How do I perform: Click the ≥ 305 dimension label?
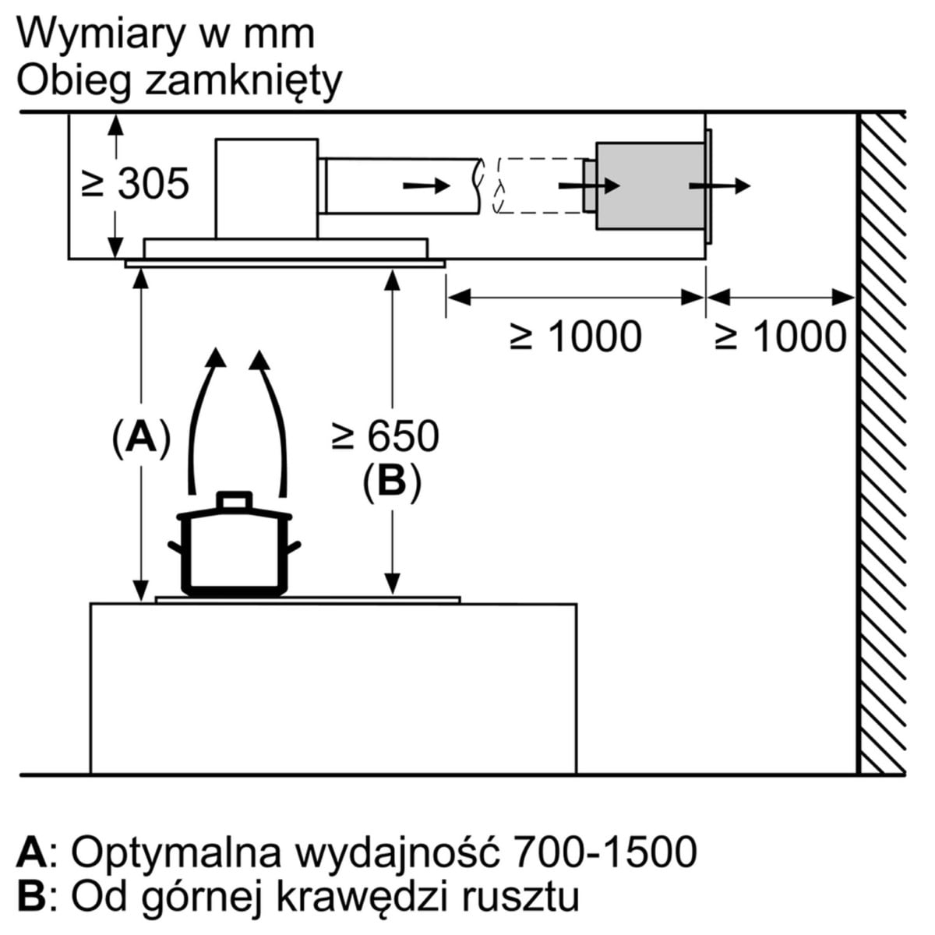click(136, 184)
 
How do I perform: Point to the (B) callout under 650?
click(391, 481)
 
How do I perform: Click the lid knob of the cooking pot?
click(235, 500)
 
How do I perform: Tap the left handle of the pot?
click(176, 545)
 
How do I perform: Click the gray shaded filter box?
click(648, 185)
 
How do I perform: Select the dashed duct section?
click(538, 185)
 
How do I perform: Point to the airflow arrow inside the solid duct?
click(426, 185)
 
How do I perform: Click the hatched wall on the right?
click(882, 444)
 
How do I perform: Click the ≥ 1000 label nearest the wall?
click(781, 337)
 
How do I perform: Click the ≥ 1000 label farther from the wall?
click(577, 337)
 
